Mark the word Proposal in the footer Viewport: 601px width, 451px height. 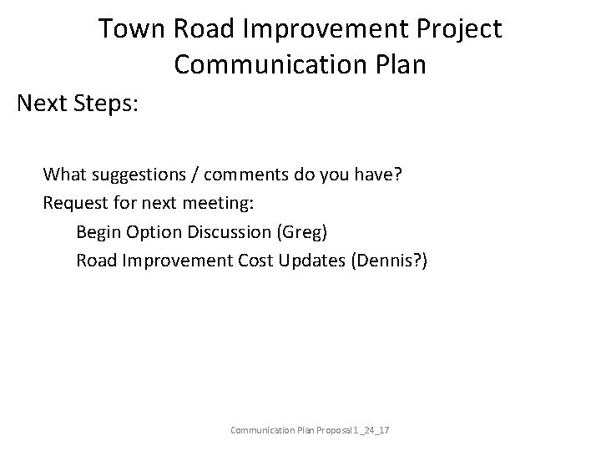click(x=336, y=430)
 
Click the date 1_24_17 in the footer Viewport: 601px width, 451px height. click(x=377, y=430)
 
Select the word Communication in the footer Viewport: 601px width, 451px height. click(x=262, y=430)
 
